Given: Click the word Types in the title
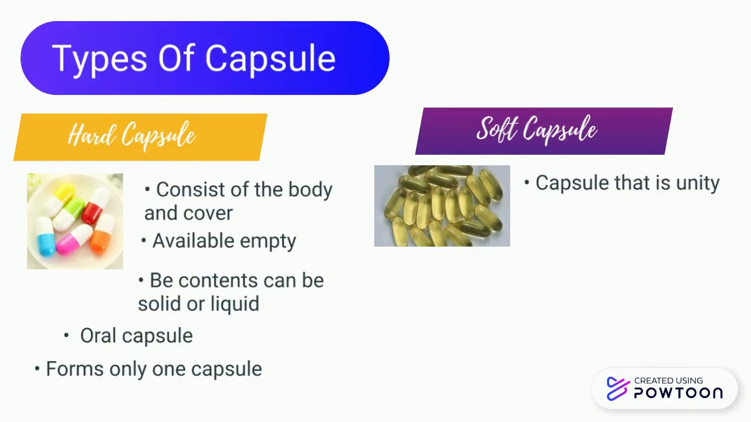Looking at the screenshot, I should (98, 59).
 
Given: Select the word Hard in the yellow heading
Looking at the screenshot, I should (90, 136).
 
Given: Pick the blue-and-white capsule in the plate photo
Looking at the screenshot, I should (46, 236).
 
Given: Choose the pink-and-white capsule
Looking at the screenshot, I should (73, 239).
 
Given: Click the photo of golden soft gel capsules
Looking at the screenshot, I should (442, 206).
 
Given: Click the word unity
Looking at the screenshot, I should (698, 183).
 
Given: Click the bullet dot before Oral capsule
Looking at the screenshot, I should (67, 335).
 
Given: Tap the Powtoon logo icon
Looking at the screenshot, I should (618, 388).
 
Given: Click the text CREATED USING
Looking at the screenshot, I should (668, 381).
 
